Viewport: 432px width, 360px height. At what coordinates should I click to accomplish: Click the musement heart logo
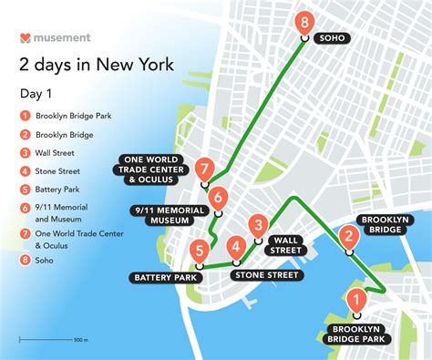pos(25,38)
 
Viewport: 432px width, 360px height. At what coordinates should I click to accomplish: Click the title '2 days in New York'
pos(97,65)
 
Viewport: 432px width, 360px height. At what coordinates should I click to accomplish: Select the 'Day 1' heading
pos(36,94)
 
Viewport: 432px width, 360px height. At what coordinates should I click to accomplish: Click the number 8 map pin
pos(306,23)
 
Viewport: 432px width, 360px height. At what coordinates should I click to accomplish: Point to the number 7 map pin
pos(204,169)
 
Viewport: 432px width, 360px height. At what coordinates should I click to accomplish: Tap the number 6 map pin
pos(217,197)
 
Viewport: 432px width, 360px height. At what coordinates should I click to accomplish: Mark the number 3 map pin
pos(259,226)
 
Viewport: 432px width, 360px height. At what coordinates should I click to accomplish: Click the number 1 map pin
pos(356,299)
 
